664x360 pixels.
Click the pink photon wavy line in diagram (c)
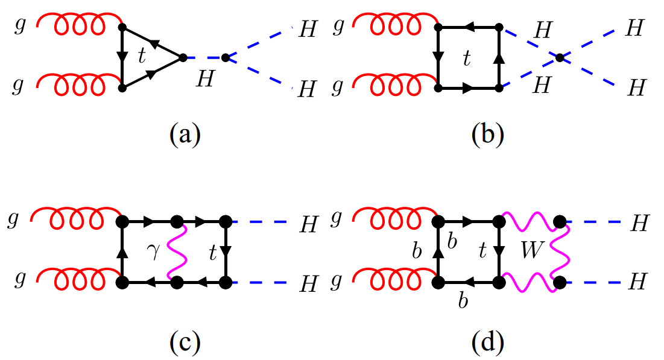pyautogui.click(x=180, y=251)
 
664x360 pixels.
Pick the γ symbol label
pyautogui.click(x=154, y=251)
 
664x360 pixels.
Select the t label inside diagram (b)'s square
pyautogui.click(x=466, y=58)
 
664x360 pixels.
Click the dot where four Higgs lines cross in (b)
pyautogui.click(x=560, y=57)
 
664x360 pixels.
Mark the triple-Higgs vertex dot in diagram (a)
pyautogui.click(x=225, y=57)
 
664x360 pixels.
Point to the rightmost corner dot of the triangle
pyautogui.click(x=182, y=57)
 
